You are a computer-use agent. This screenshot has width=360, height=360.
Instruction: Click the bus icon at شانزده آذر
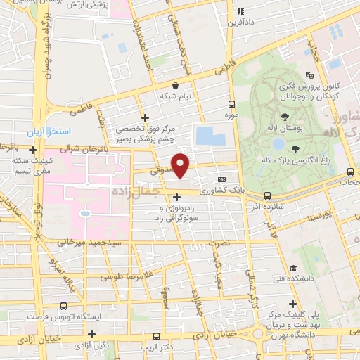click(267, 195)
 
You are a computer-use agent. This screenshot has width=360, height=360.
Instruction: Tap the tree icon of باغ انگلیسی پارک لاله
click(295, 149)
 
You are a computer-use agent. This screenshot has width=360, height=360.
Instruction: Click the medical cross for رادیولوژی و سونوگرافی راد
click(176, 198)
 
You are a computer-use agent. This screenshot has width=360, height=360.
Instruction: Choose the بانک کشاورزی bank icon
click(223, 179)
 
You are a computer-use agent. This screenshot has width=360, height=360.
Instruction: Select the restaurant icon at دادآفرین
click(240, 11)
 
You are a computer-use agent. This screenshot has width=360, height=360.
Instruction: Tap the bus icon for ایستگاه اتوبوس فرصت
click(64, 306)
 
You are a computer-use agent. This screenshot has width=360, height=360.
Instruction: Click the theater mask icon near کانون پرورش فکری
click(309, 75)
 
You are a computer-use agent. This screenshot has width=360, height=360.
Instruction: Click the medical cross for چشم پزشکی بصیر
click(145, 117)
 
